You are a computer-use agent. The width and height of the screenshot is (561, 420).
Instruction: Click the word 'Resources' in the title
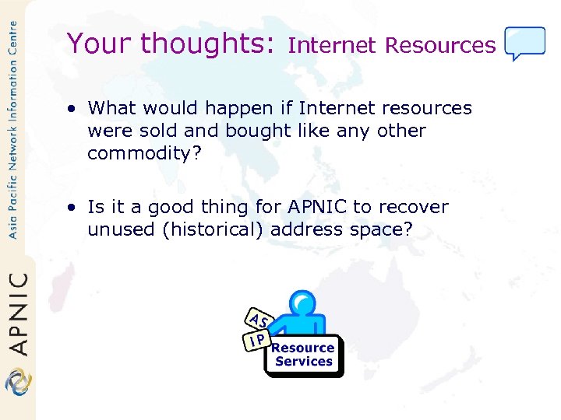coord(440,46)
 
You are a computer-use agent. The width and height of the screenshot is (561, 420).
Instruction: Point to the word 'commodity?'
coord(144,153)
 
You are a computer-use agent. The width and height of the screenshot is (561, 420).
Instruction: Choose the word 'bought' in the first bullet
coord(253,131)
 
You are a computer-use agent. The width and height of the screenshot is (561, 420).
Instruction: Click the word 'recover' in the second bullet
coord(420,207)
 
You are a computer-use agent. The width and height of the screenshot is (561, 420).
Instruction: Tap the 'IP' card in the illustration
coord(256,339)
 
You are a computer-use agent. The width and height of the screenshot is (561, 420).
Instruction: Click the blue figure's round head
coord(302,303)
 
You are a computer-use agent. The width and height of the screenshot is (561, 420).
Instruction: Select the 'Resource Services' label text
coord(304,355)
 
